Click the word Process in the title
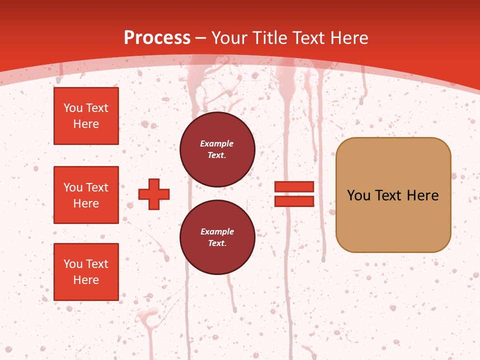[157, 38]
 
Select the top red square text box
[86, 116]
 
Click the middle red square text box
[86, 195]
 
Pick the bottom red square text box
[86, 272]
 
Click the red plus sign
[153, 194]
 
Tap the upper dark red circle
[217, 149]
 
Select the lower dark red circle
[217, 237]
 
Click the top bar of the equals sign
[294, 186]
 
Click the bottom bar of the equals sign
[294, 201]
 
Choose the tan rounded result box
[393, 195]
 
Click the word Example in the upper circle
[216, 143]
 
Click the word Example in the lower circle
[217, 231]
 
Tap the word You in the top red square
[72, 108]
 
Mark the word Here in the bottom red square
[86, 280]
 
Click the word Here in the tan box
[423, 195]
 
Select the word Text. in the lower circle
[217, 243]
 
